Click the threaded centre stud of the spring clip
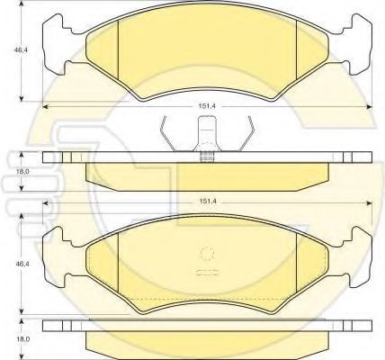pyautogui.click(x=209, y=155)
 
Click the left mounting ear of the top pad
pyautogui.click(x=60, y=39)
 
